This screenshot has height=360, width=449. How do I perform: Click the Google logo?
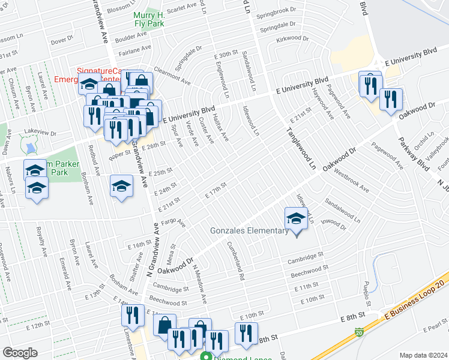pos(20,353)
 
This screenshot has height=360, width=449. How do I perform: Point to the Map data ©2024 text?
pos(423,355)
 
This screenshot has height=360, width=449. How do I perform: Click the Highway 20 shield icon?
pos(358,331)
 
